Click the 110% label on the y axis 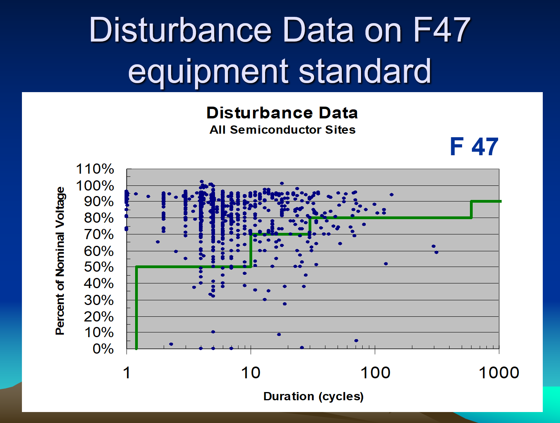95,169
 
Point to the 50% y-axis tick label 99,267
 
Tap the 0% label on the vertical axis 103,349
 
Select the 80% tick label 99,218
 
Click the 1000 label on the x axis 499,373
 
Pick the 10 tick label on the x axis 251,373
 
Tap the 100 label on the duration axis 375,373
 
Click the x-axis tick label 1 126,373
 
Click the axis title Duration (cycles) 313,396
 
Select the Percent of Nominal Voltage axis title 60,261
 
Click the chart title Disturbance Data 282,113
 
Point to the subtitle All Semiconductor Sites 282,130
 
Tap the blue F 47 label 474,147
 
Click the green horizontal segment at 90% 486,201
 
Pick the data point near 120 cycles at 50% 386,264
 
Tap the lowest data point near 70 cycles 356,340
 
